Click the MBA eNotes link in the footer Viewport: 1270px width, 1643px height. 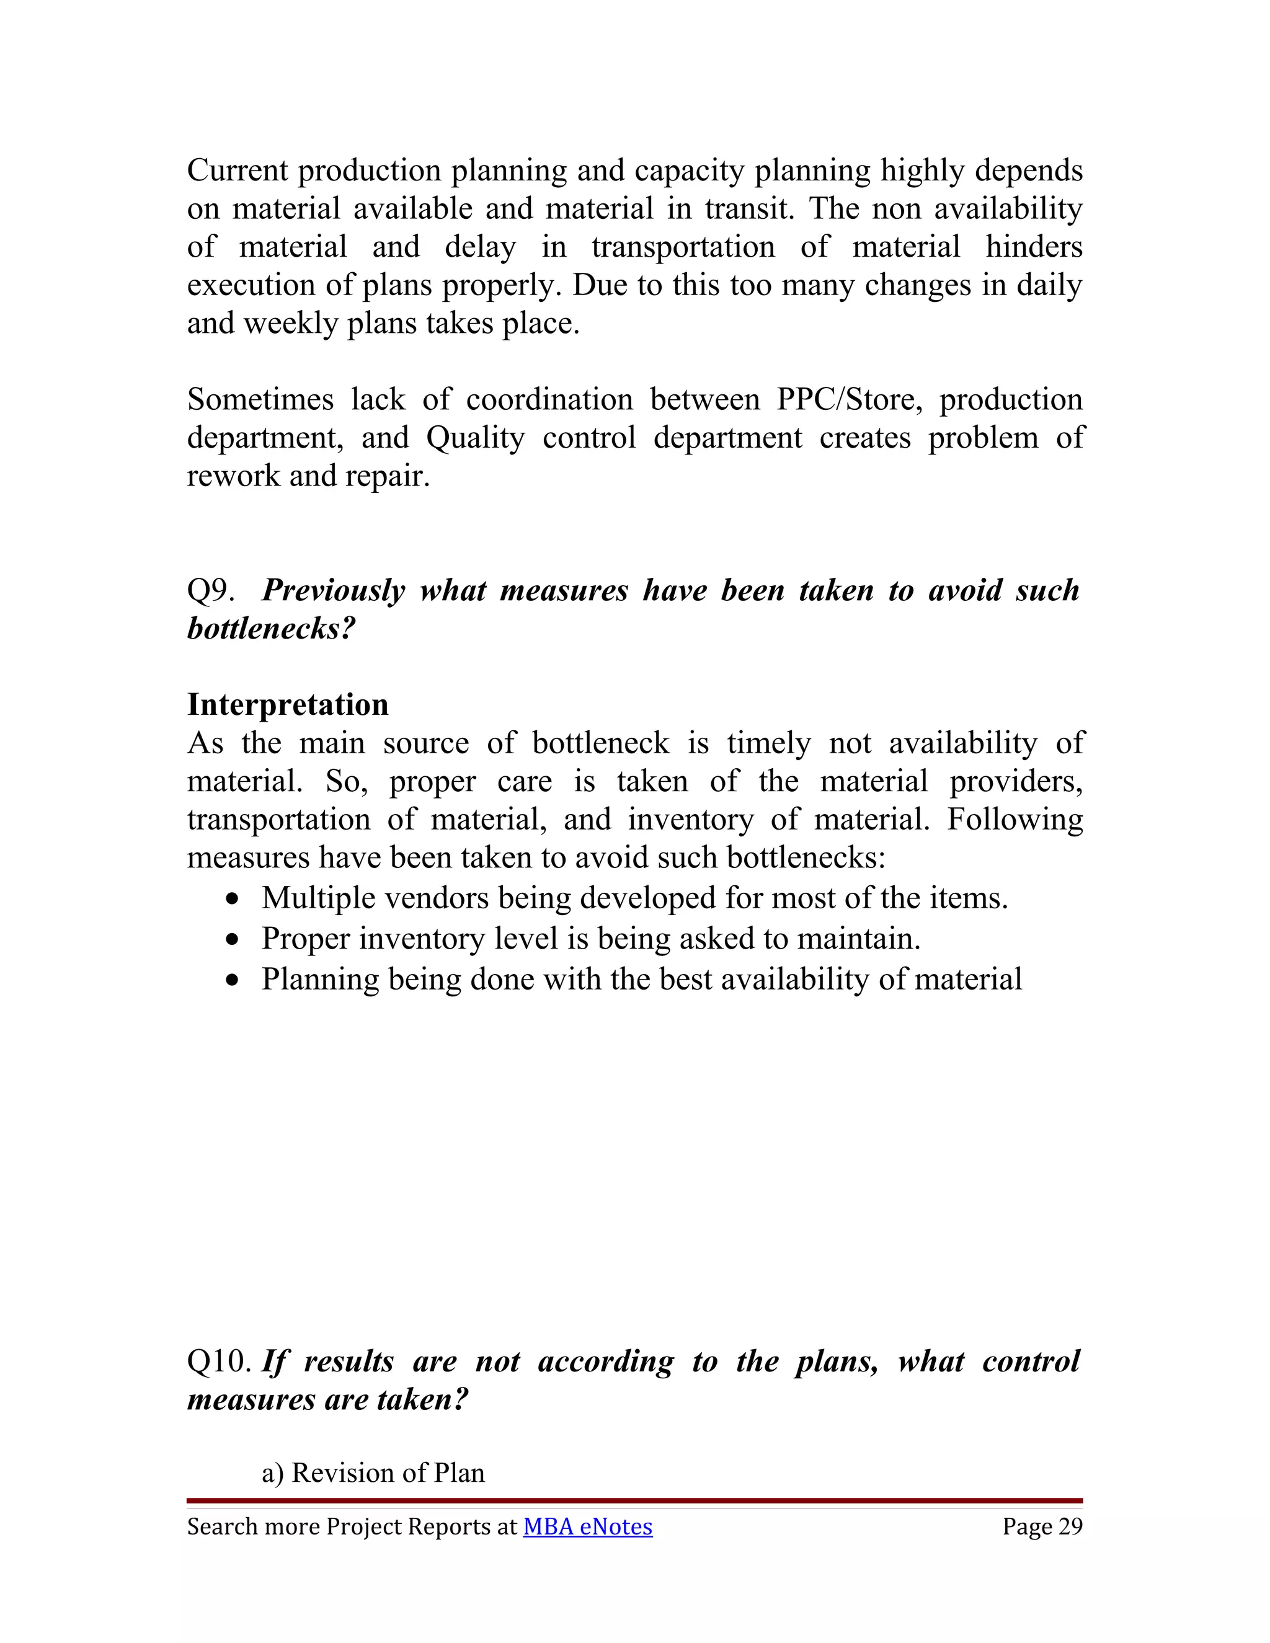[x=588, y=1526]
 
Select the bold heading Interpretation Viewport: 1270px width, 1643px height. [x=287, y=705]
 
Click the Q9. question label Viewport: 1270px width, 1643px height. [x=210, y=590]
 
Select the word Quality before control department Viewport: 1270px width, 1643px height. [x=476, y=438]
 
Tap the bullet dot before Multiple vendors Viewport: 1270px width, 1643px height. [x=236, y=899]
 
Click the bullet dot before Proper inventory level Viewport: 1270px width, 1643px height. [x=236, y=939]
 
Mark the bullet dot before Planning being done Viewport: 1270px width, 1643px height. [x=236, y=980]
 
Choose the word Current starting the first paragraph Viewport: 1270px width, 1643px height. [x=237, y=170]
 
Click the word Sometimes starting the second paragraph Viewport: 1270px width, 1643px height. [x=260, y=399]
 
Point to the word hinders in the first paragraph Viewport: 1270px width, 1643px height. [x=1034, y=247]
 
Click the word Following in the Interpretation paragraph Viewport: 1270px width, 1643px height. [x=1014, y=819]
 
